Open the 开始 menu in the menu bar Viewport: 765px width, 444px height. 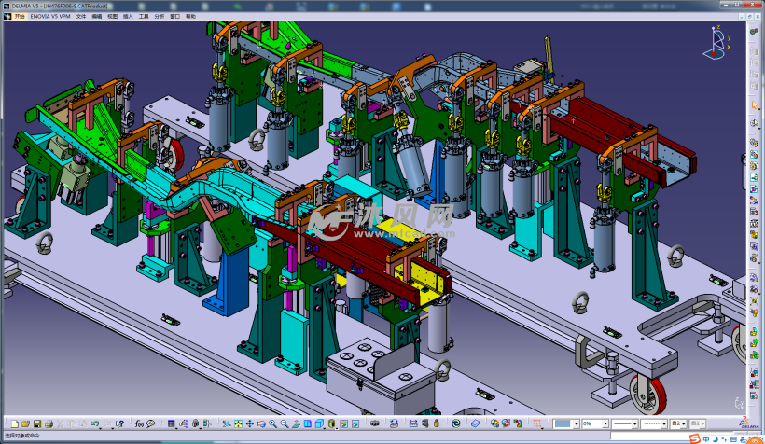(20, 16)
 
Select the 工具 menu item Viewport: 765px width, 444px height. (143, 16)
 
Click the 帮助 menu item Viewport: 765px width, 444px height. (190, 16)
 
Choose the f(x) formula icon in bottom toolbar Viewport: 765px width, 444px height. (140, 424)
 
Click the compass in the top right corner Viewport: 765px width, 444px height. (717, 43)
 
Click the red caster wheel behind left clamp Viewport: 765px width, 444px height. (174, 153)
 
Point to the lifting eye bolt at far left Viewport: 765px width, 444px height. (44, 244)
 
